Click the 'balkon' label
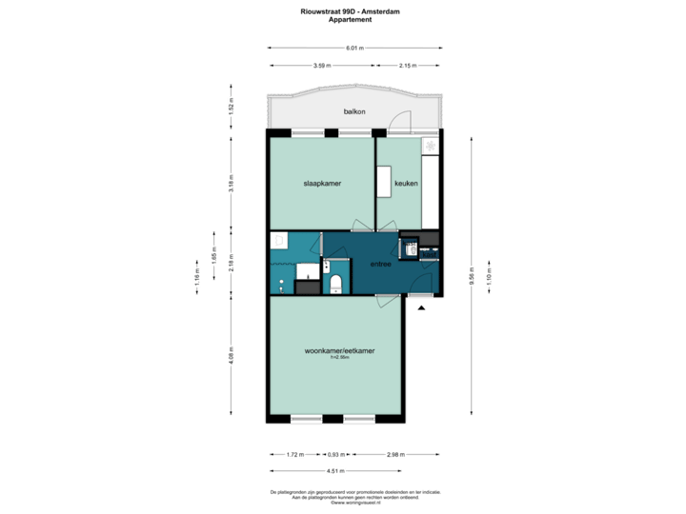(354, 112)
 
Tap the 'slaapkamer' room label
(322, 183)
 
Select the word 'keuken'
(407, 183)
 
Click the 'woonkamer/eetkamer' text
(339, 351)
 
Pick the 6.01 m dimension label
(354, 48)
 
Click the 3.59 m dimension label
(322, 66)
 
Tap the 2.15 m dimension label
(408, 66)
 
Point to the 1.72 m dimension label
(294, 455)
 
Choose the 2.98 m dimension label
(393, 455)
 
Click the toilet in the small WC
(334, 284)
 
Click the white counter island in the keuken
(384, 183)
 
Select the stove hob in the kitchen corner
(431, 146)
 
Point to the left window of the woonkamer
(305, 418)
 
